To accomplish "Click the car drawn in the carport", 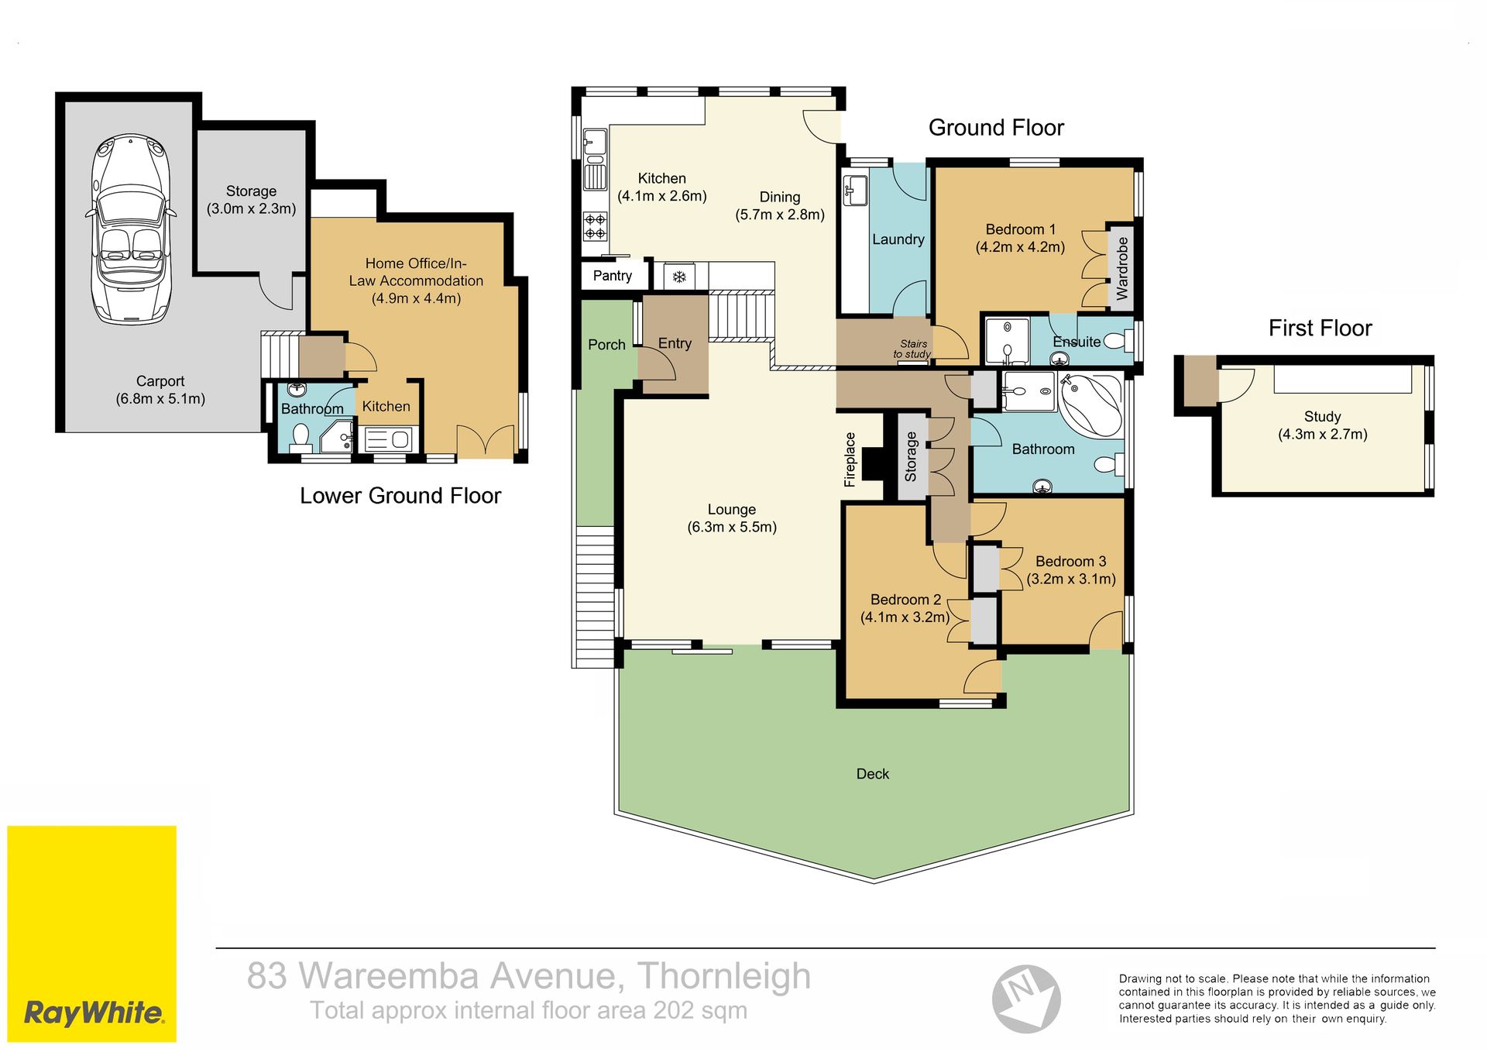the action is click(x=130, y=229).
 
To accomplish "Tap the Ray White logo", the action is click(x=92, y=933).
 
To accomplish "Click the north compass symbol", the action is click(x=1026, y=999).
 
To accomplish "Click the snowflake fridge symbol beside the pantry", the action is click(x=679, y=277).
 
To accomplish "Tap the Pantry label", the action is click(x=613, y=276).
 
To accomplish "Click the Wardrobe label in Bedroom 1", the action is click(x=1122, y=269).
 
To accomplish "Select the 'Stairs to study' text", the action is click(x=912, y=349).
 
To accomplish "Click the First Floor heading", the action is click(x=1320, y=328).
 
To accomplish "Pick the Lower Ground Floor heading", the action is click(x=400, y=496).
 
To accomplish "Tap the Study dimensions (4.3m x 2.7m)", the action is click(x=1323, y=435).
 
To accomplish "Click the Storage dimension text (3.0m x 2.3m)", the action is click(x=251, y=209).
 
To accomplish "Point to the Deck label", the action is click(x=873, y=774).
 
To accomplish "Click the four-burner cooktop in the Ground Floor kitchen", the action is click(x=595, y=225).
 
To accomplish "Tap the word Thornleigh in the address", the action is click(x=724, y=976).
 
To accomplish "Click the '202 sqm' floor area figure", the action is click(x=700, y=1010).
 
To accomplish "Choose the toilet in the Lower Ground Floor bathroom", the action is click(x=300, y=439).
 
